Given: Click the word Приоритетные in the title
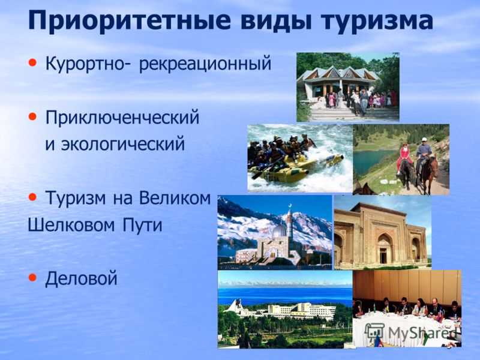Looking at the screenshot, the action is [129, 20].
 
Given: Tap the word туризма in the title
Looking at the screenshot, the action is [377, 22].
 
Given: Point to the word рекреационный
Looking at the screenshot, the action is [205, 64].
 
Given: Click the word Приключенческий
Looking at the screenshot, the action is [122, 118].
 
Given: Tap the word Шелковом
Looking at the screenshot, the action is [71, 225].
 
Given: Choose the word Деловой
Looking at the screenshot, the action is [81, 278].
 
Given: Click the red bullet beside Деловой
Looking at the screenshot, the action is [32, 277].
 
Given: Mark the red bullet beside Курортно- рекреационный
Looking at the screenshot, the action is [32, 63].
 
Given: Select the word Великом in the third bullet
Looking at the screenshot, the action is [175, 198].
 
